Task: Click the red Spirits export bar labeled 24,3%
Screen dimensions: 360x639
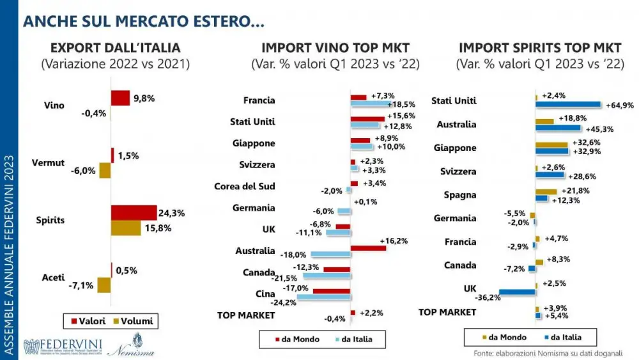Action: pyautogui.click(x=134, y=212)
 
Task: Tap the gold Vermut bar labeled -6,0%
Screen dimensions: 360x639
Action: pyautogui.click(x=105, y=171)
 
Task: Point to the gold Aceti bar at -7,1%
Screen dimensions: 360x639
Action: pyautogui.click(x=104, y=285)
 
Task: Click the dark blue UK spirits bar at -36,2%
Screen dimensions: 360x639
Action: pyautogui.click(x=517, y=292)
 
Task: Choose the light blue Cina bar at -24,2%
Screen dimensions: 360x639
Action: pyautogui.click(x=323, y=297)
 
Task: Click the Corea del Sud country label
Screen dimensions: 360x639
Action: pyautogui.click(x=244, y=187)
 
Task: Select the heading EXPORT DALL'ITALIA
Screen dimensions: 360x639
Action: pyautogui.click(x=115, y=47)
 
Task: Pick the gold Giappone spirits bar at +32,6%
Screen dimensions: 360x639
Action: pyautogui.click(x=551, y=145)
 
